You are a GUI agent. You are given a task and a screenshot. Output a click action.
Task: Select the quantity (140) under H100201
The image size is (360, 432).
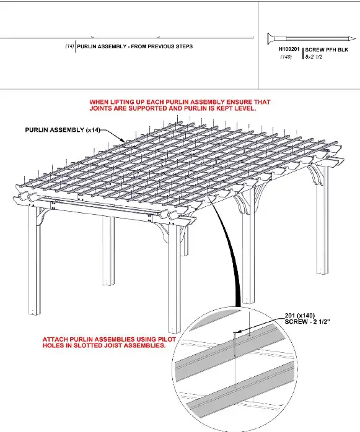pyautogui.click(x=286, y=57)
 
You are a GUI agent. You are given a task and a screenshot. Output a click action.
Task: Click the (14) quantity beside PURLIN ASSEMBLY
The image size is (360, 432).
pyautogui.click(x=69, y=46)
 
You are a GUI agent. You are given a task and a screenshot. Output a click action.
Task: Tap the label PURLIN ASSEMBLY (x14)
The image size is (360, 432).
pyautogui.click(x=62, y=131)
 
